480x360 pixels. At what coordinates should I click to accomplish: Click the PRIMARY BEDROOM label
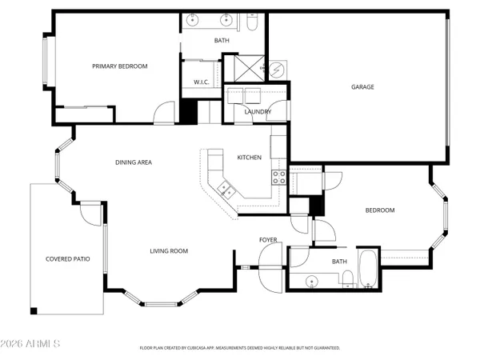pyautogui.click(x=120, y=66)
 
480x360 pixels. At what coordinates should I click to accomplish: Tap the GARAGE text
pyautogui.click(x=362, y=87)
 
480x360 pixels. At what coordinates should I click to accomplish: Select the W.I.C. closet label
pyautogui.click(x=202, y=82)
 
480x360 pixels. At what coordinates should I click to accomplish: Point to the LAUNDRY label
pyautogui.click(x=257, y=111)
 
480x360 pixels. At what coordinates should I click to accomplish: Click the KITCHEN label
pyautogui.click(x=249, y=158)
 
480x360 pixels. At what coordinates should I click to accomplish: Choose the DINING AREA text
pyautogui.click(x=134, y=162)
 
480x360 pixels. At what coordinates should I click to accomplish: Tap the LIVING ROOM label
pyautogui.click(x=169, y=251)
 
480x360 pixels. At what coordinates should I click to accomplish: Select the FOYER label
pyautogui.click(x=268, y=240)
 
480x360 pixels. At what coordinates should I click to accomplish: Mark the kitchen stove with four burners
pyautogui.click(x=279, y=178)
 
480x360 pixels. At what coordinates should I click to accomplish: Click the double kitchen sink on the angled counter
pyautogui.click(x=225, y=190)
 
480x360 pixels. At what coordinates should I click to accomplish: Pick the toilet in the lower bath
pyautogui.click(x=349, y=278)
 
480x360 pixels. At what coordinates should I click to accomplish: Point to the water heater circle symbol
pyautogui.click(x=275, y=70)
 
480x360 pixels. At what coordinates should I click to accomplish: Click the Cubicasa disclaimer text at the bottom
pyautogui.click(x=240, y=348)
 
